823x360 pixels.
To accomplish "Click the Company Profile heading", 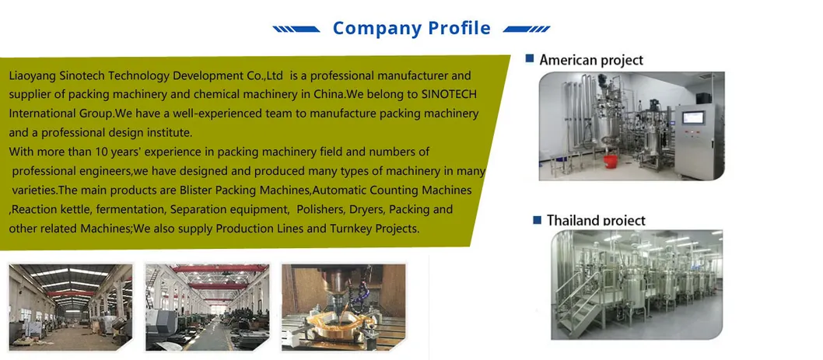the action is [411, 28].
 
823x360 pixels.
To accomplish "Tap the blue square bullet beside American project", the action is [530, 59].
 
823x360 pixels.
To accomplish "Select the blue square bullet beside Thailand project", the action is [537, 220].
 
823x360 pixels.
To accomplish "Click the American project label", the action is [591, 61].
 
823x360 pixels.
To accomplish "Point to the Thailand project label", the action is [597, 220].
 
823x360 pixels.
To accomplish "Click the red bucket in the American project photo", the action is [610, 161].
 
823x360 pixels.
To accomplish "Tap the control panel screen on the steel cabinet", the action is [693, 117].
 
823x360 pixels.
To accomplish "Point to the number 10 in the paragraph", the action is [101, 152].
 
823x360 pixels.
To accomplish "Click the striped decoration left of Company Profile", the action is [296, 30].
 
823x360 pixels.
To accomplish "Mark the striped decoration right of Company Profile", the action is [527, 30].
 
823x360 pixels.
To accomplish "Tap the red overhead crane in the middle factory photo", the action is [219, 269].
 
